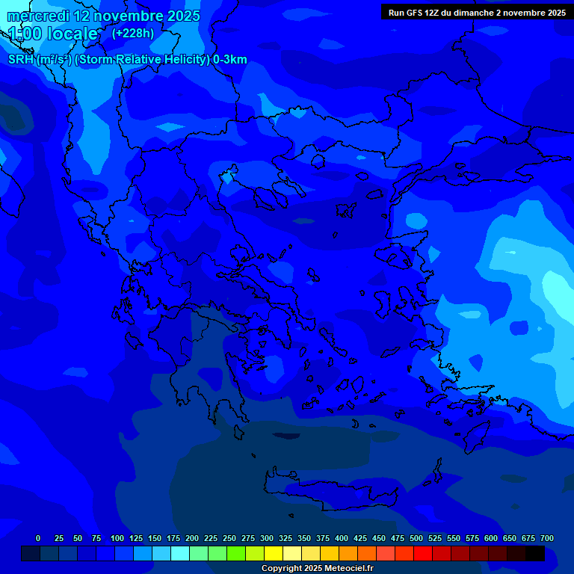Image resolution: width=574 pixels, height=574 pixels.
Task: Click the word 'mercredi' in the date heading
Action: (37, 16)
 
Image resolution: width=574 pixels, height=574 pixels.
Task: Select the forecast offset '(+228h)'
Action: (133, 33)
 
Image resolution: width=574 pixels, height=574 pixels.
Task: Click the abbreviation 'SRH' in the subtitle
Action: (20, 60)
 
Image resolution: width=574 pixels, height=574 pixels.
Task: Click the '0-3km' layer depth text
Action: (230, 60)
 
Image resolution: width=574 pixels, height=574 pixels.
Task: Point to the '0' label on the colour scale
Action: (38, 538)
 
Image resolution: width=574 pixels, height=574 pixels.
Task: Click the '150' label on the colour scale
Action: (154, 538)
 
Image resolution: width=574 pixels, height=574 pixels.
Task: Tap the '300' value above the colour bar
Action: (267, 538)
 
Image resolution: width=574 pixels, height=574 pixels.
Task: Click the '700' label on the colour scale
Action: (546, 538)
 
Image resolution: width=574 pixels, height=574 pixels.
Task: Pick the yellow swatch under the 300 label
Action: (274, 554)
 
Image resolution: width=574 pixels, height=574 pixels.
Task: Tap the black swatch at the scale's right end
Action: (535, 554)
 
